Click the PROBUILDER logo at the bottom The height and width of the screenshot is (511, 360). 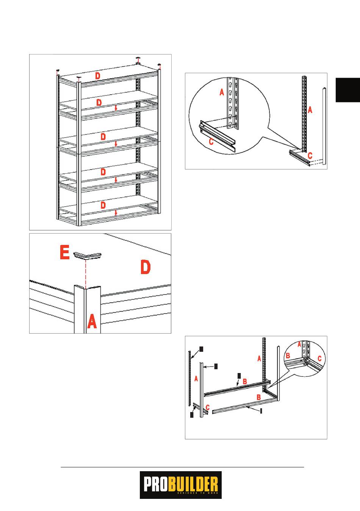(180, 485)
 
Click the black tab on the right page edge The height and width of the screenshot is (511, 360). (347, 90)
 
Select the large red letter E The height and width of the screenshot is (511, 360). (65, 252)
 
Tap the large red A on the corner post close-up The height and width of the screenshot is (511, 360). (92, 322)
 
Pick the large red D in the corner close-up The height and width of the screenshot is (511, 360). (146, 267)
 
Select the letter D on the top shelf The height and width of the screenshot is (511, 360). (98, 76)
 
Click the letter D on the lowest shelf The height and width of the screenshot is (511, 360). (103, 205)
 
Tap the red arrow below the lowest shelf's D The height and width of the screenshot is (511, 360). (116, 213)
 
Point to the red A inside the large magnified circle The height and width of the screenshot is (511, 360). (222, 91)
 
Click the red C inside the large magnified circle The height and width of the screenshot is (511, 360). (211, 142)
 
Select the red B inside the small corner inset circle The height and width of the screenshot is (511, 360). (288, 356)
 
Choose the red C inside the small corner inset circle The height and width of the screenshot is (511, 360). (319, 358)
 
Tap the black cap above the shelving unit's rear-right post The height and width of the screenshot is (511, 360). (139, 59)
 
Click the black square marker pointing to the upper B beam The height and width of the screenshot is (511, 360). (239, 375)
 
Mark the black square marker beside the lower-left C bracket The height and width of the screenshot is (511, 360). (192, 415)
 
